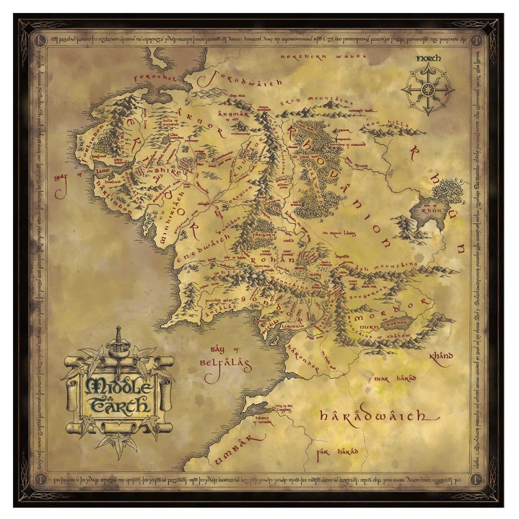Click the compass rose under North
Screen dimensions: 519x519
[428, 88]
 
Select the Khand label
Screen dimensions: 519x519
[442, 357]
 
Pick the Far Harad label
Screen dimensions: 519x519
[337, 453]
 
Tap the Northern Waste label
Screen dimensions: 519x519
[323, 57]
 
